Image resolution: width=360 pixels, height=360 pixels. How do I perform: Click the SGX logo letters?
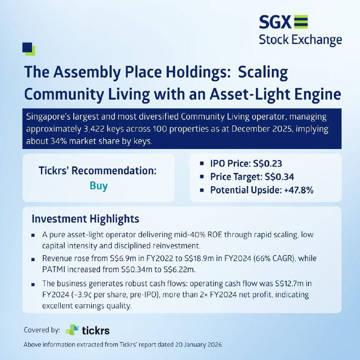point(275,22)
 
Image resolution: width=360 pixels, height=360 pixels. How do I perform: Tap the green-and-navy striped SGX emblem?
point(301,22)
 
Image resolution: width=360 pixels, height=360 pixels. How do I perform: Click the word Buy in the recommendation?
point(99,186)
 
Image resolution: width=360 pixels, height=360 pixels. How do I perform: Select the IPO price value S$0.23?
point(267,163)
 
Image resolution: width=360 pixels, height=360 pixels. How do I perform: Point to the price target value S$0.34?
point(279,177)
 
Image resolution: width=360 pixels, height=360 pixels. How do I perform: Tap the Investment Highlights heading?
point(85,219)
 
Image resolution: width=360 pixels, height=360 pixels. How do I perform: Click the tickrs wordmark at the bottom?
point(96,331)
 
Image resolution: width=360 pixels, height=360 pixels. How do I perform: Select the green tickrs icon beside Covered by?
point(72,330)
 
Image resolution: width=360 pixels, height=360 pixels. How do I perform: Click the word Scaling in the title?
point(263,72)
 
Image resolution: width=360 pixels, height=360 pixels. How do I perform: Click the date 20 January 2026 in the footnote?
point(199,345)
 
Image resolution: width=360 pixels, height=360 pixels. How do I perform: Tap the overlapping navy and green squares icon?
point(29,49)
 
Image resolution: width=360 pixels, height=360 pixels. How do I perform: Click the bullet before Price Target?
point(202,177)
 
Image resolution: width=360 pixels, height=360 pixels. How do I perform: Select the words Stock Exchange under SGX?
point(300,40)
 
